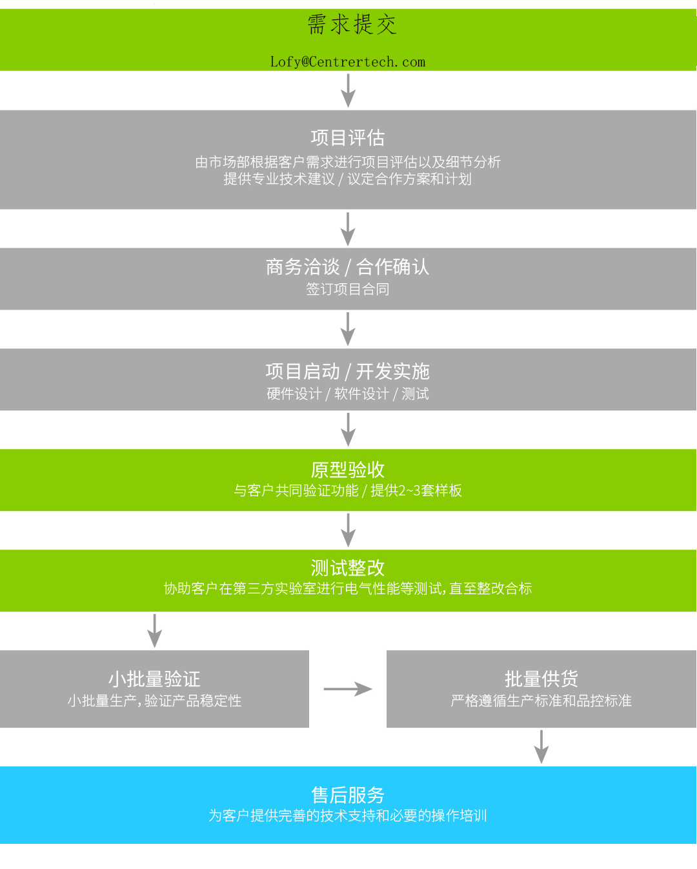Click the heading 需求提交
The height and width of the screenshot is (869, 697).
click(351, 25)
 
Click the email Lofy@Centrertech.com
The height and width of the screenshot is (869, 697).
click(348, 62)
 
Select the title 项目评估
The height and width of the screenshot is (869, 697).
click(348, 137)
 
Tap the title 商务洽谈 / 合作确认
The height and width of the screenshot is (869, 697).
click(348, 266)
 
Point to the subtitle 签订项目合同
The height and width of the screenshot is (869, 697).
click(348, 289)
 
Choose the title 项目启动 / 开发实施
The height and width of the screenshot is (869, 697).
click(348, 371)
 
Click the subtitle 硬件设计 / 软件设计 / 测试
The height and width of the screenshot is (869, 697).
click(348, 394)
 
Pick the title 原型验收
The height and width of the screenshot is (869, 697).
click(348, 469)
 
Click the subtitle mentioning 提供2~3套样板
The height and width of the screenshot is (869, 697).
click(348, 490)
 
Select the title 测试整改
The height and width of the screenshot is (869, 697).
click(348, 568)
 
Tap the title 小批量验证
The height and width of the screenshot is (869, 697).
click(154, 679)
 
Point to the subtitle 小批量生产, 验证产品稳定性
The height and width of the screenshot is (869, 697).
click(154, 701)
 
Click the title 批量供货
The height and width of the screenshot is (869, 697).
click(541, 679)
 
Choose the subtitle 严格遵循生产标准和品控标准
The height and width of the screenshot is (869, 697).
click(541, 701)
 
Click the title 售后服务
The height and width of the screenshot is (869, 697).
click(348, 795)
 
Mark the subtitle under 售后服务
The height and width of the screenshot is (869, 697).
click(348, 815)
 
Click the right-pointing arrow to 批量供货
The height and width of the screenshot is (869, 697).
click(348, 689)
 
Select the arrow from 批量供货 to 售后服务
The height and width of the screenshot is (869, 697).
click(541, 747)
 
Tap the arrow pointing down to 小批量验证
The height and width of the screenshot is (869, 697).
click(154, 630)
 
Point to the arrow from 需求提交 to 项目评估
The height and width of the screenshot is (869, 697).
click(348, 90)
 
